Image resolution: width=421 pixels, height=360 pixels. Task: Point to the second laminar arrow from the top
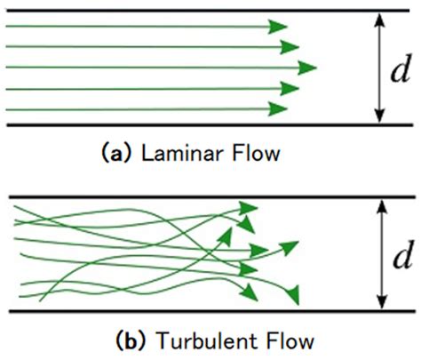tap(151, 47)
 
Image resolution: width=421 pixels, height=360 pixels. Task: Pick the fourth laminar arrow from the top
tap(151, 88)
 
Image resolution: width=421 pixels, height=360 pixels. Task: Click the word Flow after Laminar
tap(250, 154)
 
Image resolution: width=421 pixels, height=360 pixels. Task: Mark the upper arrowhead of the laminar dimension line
tap(379, 17)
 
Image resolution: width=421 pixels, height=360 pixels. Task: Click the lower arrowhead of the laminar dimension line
tap(379, 117)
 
